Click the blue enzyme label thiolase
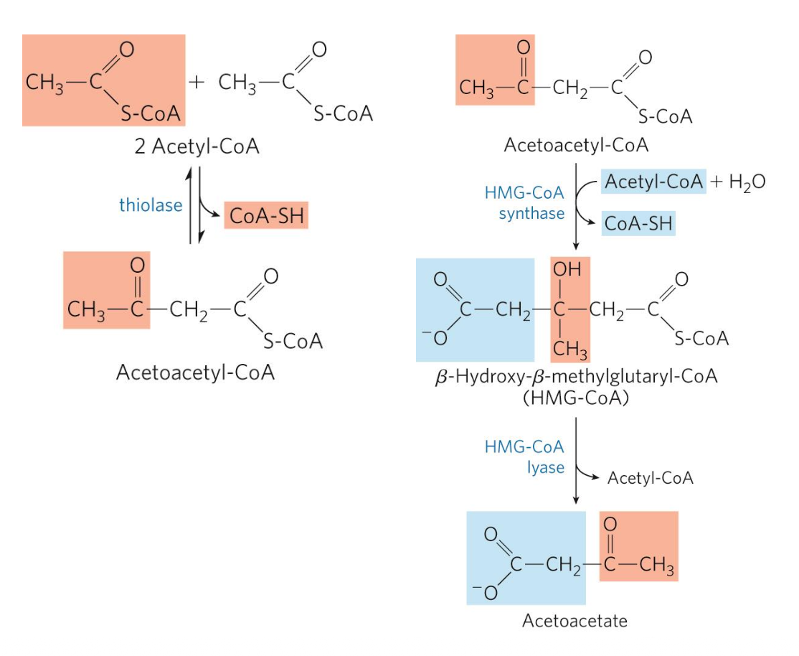click(150, 205)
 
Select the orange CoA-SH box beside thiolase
click(266, 215)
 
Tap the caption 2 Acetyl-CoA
click(197, 148)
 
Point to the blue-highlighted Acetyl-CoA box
click(653, 182)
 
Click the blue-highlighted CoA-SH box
click(638, 223)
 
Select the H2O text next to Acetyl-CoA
click(747, 182)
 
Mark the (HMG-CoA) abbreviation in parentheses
click(576, 397)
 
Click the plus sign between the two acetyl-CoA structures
click(196, 83)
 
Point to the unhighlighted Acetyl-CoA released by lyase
click(650, 478)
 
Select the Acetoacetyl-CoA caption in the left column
click(195, 373)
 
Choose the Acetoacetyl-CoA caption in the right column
click(576, 145)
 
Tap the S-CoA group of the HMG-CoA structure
click(701, 338)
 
